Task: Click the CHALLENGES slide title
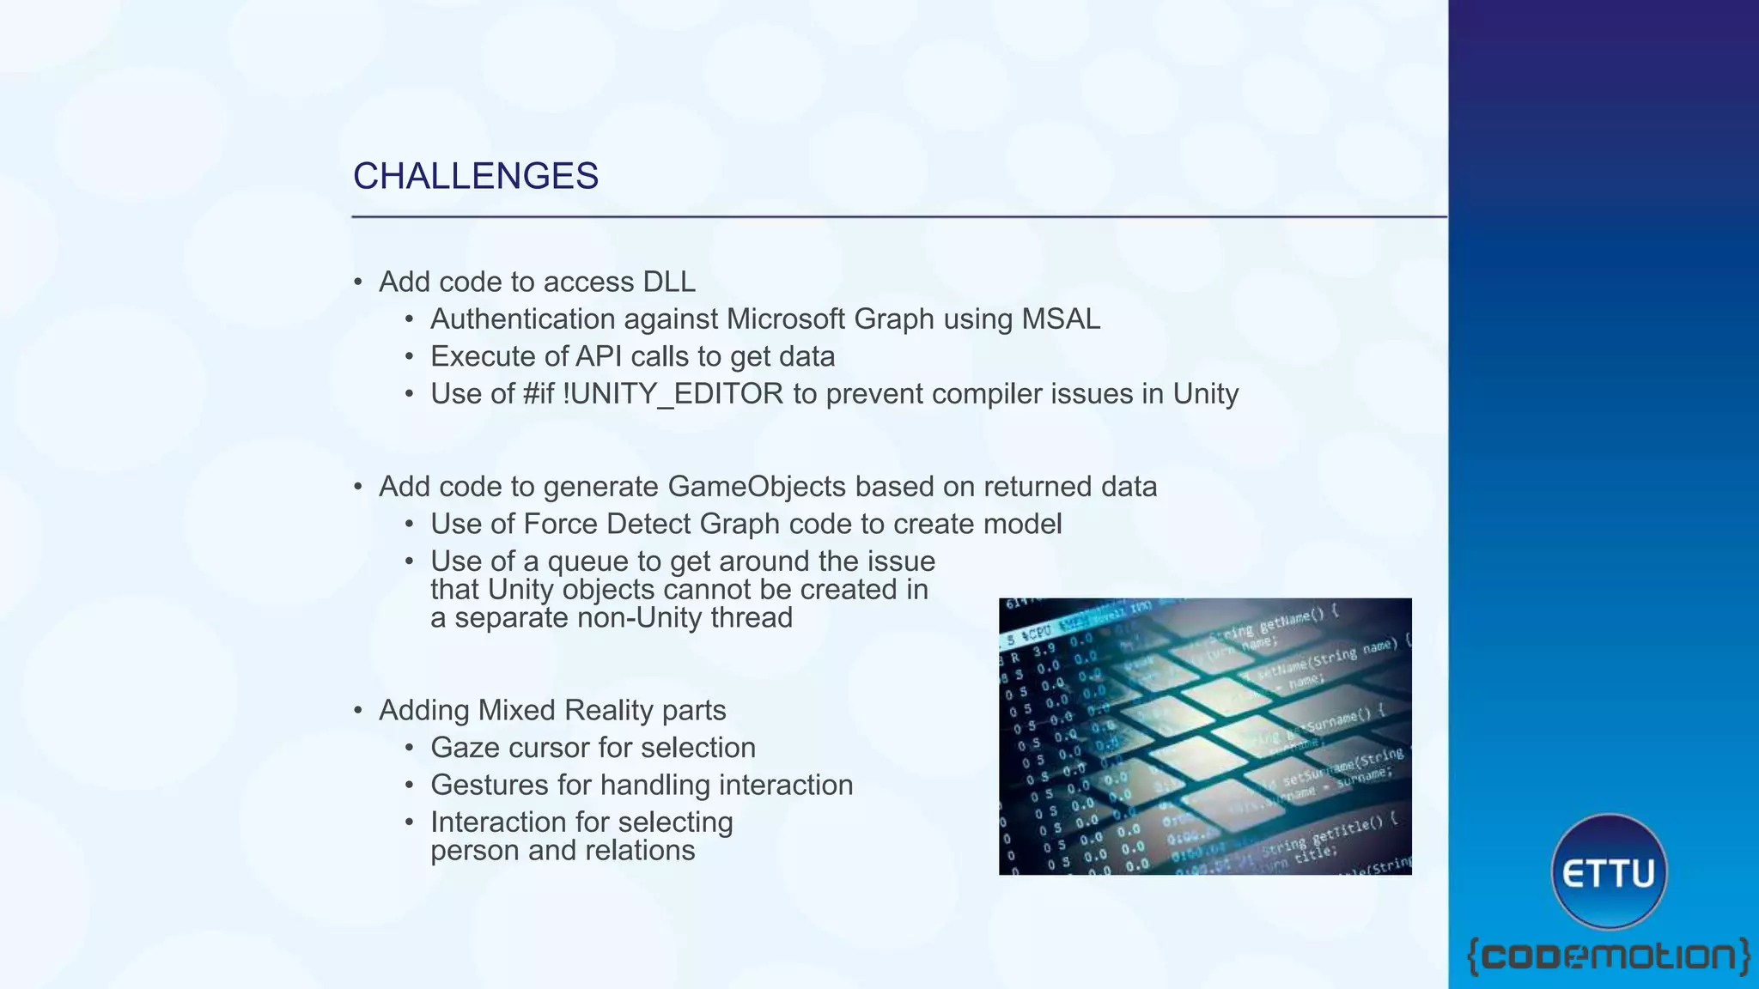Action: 475,176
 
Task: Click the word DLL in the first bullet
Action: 668,282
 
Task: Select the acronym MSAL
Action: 1060,319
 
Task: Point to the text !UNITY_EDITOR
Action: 673,394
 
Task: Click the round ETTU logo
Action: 1609,872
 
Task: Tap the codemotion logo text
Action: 1608,956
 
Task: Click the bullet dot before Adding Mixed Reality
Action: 359,711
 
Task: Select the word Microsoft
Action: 786,319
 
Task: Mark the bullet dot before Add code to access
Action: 359,282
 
